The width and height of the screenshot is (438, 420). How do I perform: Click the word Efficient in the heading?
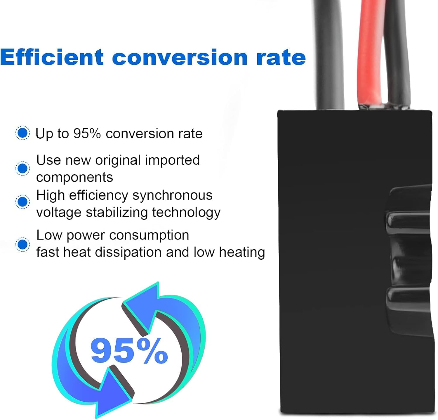tap(52, 57)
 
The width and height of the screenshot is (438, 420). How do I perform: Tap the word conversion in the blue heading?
tap(180, 58)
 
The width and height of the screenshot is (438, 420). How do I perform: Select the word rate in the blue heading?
tap(281, 58)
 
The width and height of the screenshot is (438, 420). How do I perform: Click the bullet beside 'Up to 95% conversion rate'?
tap(22, 133)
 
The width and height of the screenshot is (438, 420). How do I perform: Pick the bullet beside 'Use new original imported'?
tap(22, 168)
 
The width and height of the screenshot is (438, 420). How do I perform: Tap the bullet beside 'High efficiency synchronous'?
tap(22, 202)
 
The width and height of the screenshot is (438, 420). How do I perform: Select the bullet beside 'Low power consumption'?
tap(22, 244)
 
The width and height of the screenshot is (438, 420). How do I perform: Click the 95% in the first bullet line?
tap(87, 134)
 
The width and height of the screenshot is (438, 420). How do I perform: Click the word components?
tap(74, 178)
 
